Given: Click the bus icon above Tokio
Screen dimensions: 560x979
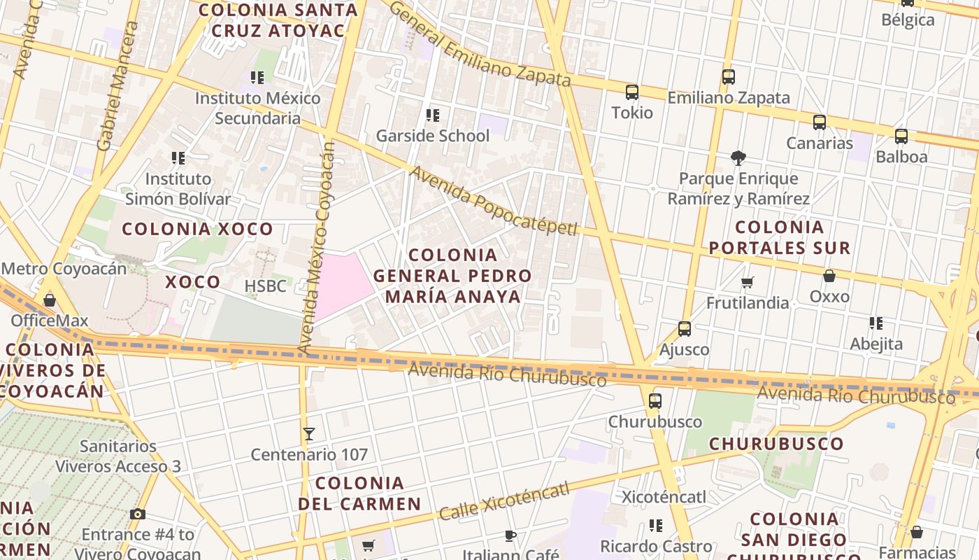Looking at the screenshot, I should (x=632, y=92).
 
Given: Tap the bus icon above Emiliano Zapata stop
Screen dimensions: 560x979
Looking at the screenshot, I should (x=728, y=77).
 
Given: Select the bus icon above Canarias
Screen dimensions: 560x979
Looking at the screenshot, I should (x=820, y=122).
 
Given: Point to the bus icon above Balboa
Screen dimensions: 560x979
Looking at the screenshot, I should (x=901, y=136).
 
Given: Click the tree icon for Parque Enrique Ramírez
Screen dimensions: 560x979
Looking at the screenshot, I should (x=738, y=158).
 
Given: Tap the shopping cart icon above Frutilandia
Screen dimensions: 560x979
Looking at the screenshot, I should (x=748, y=283).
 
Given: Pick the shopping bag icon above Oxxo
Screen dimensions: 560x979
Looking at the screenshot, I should (x=829, y=276).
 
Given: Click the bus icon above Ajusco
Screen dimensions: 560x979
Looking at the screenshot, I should (x=684, y=329).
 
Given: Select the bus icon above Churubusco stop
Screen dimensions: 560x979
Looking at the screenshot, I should (x=655, y=401).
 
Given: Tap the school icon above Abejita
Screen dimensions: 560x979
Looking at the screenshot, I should (x=876, y=323).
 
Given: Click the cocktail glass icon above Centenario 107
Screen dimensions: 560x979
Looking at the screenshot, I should (x=309, y=434).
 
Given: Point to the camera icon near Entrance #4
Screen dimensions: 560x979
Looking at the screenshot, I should (x=138, y=514).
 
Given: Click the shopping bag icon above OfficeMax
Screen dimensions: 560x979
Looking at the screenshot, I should (x=49, y=300).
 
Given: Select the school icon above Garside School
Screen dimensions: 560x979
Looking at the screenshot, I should (x=433, y=115).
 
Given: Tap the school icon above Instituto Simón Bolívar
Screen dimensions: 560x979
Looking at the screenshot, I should (x=178, y=158).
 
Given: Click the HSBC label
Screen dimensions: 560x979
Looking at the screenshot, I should (x=265, y=286).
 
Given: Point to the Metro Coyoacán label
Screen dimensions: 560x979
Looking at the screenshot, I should (x=64, y=269).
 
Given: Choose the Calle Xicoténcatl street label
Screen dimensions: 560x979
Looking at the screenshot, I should (x=504, y=501).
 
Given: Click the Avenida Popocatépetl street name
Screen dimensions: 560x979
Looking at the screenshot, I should (x=494, y=201).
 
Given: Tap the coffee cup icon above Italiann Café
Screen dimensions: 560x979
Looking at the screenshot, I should (x=510, y=535).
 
